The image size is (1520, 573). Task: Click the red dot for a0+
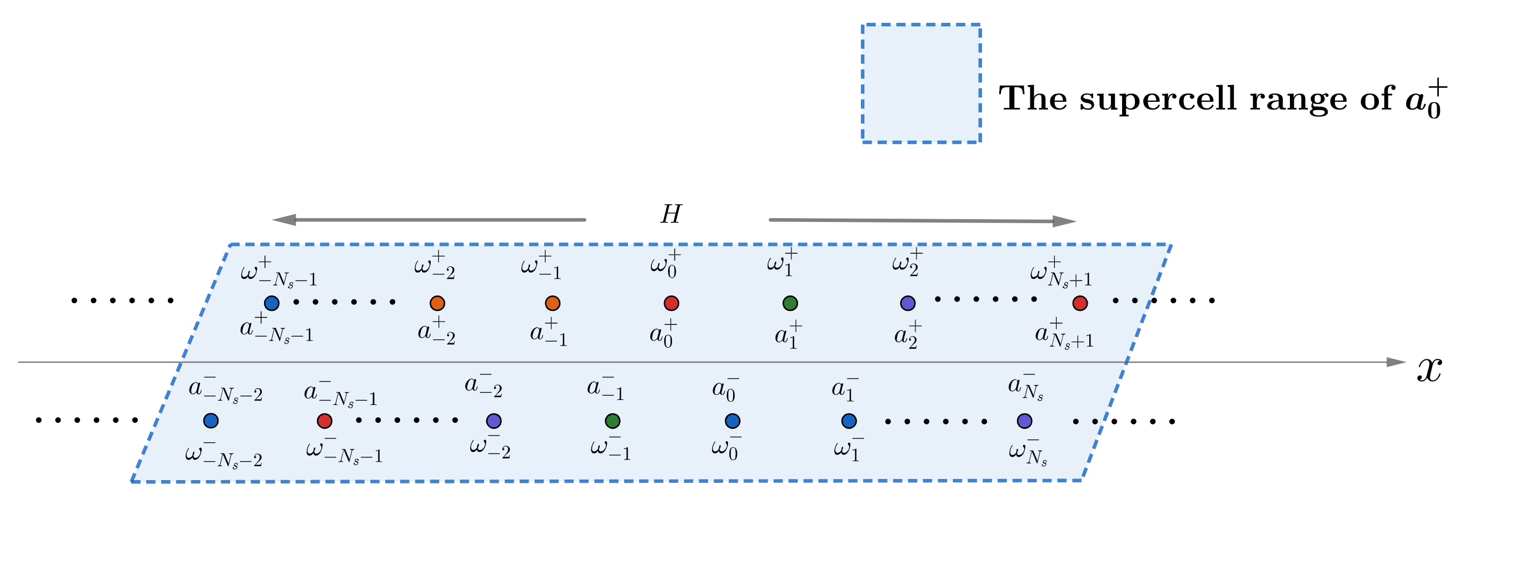pos(671,303)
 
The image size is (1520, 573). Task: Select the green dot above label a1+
pos(790,303)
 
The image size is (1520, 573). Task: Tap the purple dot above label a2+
pos(908,303)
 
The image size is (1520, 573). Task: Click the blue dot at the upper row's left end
pos(271,303)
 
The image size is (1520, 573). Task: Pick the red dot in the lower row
pos(325,421)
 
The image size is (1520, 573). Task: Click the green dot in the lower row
pos(612,421)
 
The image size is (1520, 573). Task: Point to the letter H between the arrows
pos(671,214)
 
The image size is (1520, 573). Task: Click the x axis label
pos(1428,369)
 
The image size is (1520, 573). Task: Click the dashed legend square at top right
pos(921,83)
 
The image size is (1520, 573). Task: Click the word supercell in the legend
pos(1157,98)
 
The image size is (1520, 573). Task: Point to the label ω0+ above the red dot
pos(666,264)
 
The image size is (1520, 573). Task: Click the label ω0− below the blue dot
pos(725,448)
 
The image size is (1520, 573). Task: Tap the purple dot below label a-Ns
pos(1024,421)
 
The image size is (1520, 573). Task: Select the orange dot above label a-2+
pos(437,303)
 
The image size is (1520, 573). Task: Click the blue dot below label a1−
pos(849,421)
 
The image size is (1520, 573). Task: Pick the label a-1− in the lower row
pos(605,388)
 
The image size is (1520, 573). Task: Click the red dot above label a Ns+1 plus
pos(1080,303)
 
